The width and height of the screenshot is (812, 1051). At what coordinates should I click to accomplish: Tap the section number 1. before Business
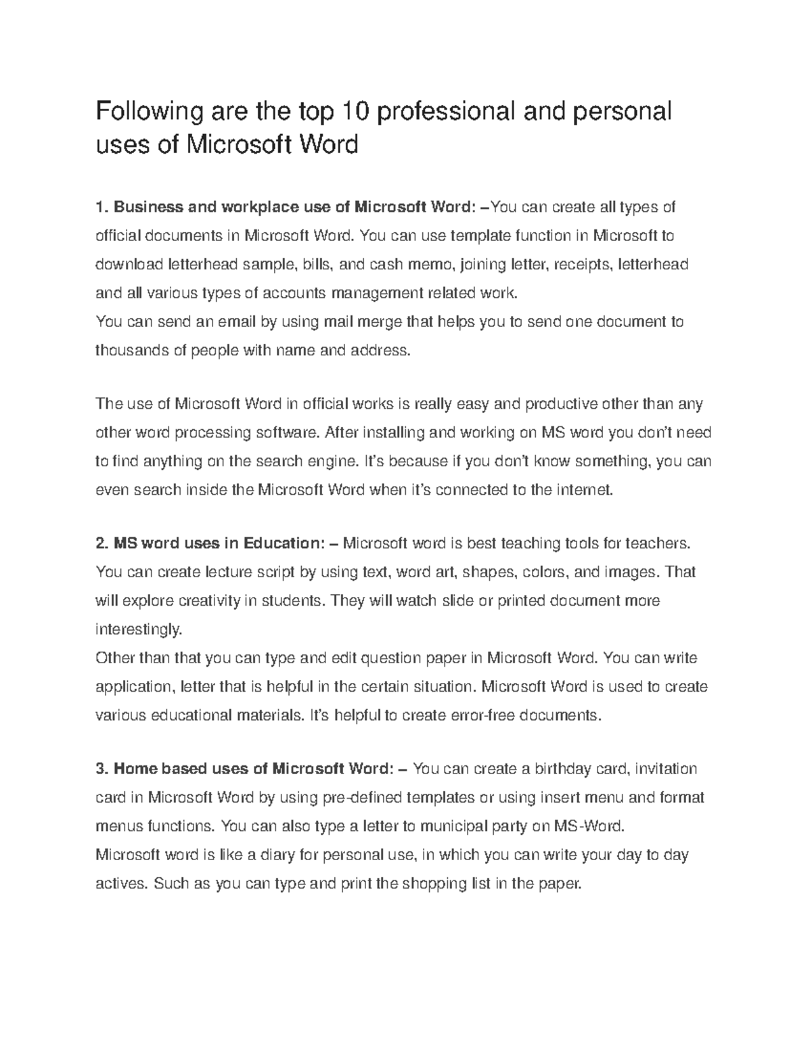[102, 206]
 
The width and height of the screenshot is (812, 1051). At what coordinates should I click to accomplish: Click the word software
[289, 432]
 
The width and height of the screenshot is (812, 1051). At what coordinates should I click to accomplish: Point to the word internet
[584, 489]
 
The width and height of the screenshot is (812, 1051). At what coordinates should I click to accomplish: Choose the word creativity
[206, 600]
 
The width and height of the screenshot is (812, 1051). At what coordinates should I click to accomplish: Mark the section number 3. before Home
[102, 769]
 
